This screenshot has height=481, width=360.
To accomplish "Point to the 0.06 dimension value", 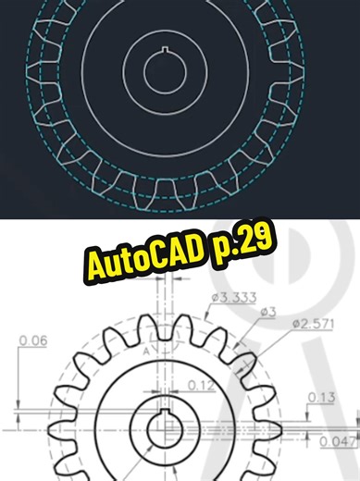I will coord(32,340).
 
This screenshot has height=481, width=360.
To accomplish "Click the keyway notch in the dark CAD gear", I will coord(164,51).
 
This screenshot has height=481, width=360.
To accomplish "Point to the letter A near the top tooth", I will coord(146,351).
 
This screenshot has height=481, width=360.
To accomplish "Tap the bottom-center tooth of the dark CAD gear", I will coord(164,191).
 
